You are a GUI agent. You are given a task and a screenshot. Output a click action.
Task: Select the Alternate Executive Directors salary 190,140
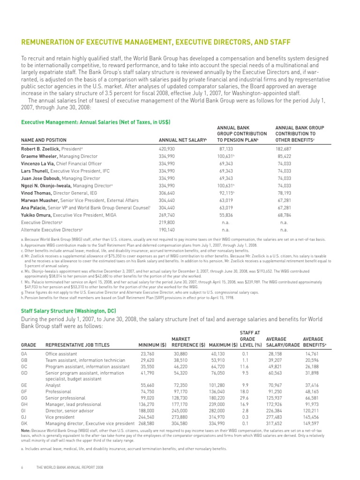pyautogui.click(x=167, y=230)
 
